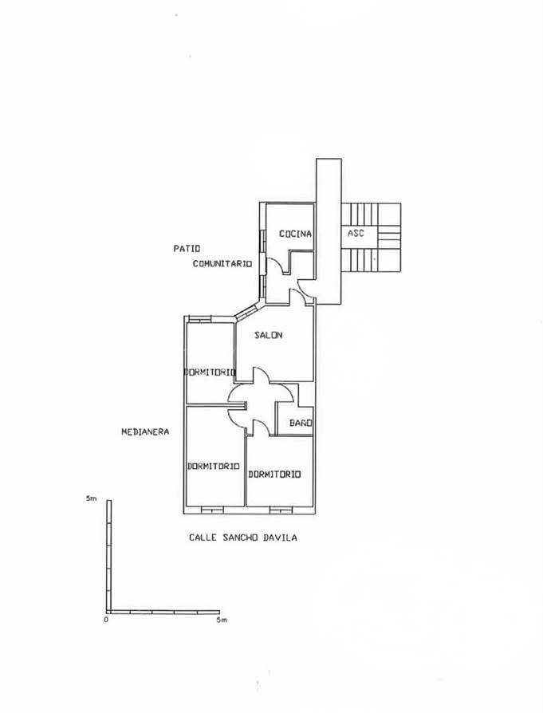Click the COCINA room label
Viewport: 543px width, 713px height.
tap(296, 234)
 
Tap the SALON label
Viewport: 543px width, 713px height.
tap(269, 335)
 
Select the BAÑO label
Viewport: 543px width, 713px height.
tap(301, 423)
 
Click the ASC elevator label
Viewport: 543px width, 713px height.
tap(356, 233)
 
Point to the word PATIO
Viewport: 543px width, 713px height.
tap(187, 249)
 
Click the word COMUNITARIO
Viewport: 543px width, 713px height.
tap(222, 264)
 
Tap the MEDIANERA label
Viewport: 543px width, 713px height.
tap(145, 431)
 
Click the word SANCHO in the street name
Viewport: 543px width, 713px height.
tap(241, 538)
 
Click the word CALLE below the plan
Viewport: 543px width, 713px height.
tap(203, 538)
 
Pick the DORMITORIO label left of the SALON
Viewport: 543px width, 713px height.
tap(211, 372)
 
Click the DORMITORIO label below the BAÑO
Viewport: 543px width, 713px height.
tap(274, 475)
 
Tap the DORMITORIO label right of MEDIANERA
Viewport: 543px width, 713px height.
tap(213, 466)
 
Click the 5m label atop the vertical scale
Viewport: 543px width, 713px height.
tap(92, 498)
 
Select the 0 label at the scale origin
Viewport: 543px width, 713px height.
tap(106, 620)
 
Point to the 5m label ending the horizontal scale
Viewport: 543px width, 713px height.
tap(222, 620)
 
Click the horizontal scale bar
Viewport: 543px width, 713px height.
tap(163, 612)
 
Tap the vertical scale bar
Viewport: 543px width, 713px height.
tap(109, 557)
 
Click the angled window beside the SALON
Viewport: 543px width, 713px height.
tap(246, 313)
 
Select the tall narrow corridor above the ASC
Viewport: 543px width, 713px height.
tap(329, 231)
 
